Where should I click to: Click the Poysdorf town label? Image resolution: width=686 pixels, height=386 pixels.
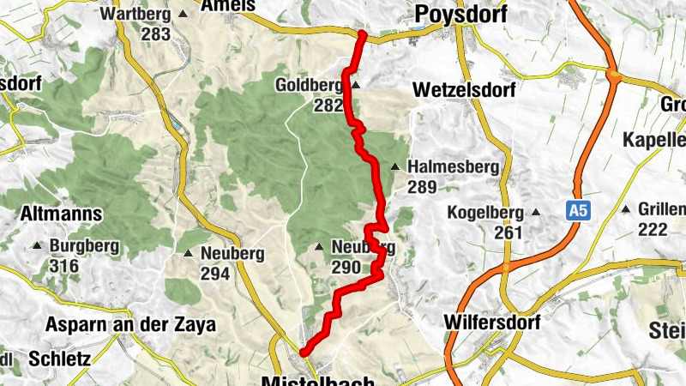click(x=460, y=14)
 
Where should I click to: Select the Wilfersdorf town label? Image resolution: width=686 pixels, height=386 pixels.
click(x=491, y=323)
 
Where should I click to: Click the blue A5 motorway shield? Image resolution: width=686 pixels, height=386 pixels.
click(x=580, y=209)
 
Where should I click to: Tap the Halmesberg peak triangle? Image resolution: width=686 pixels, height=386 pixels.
click(x=395, y=167)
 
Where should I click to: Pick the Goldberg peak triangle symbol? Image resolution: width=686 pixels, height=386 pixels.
click(x=355, y=86)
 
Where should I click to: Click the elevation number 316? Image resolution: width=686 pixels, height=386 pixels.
click(x=63, y=266)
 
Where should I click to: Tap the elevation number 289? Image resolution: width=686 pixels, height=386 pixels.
click(x=423, y=187)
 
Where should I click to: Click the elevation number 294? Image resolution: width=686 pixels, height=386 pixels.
click(x=215, y=274)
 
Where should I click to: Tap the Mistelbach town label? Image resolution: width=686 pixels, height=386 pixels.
click(x=318, y=380)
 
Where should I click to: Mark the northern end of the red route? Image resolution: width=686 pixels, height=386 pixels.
click(x=363, y=34)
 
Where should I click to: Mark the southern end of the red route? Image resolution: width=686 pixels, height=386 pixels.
click(x=304, y=352)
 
